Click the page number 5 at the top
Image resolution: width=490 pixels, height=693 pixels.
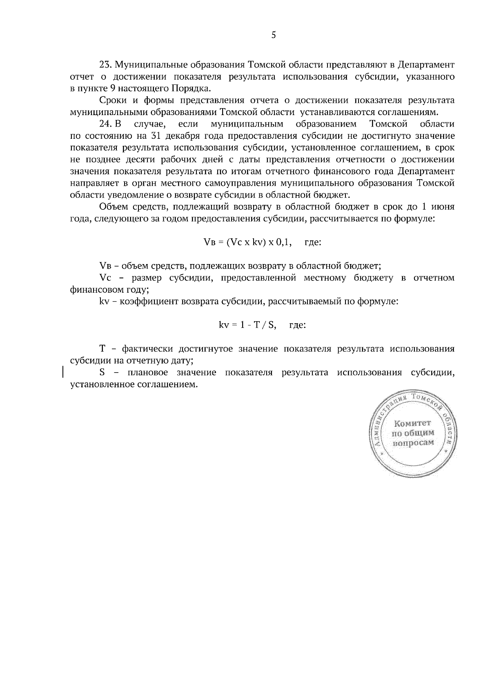pyautogui.click(x=274, y=35)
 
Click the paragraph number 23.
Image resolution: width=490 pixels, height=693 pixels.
pyautogui.click(x=106, y=64)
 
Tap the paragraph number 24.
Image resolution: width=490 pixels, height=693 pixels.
pyautogui.click(x=106, y=124)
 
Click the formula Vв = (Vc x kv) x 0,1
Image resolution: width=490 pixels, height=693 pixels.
pyautogui.click(x=247, y=242)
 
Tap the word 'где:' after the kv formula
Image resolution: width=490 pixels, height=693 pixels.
pyautogui.click(x=297, y=325)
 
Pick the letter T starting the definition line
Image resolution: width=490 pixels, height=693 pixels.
pyautogui.click(x=102, y=349)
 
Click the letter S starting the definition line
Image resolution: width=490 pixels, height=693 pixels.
pyautogui.click(x=102, y=373)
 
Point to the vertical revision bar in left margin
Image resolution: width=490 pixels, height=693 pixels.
pyautogui.click(x=62, y=373)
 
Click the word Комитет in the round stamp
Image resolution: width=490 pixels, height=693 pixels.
pyautogui.click(x=412, y=422)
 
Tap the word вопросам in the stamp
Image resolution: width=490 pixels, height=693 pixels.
pyautogui.click(x=412, y=443)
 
